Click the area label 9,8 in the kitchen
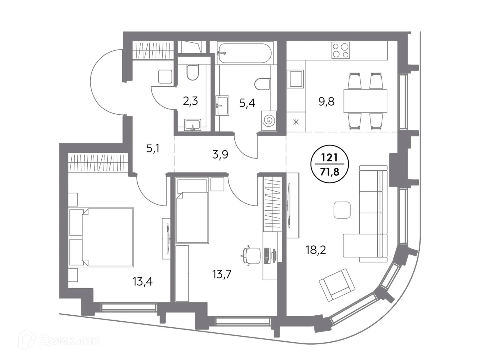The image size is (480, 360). (326, 102)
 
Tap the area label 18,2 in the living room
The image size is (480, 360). (316, 250)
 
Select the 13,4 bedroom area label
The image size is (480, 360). (142, 281)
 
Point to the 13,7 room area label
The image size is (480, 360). (222, 274)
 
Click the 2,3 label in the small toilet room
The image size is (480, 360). (190, 101)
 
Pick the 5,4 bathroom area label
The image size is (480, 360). (247, 103)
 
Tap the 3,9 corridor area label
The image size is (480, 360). (220, 154)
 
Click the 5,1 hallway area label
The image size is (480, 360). (153, 148)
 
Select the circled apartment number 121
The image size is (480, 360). (329, 157)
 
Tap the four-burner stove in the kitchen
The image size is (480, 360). (340, 50)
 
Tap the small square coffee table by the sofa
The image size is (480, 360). (342, 210)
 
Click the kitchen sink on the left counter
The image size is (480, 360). (295, 79)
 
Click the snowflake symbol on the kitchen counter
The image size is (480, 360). (296, 122)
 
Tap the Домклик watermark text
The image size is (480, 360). (69, 340)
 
